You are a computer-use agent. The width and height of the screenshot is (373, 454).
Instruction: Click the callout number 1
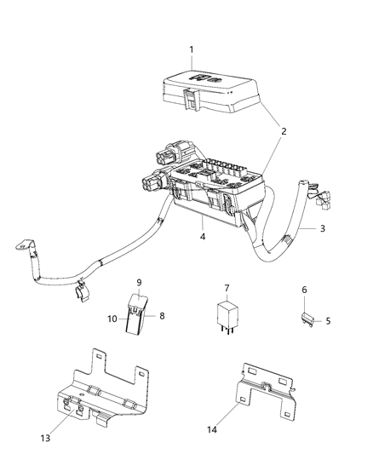pos(191,49)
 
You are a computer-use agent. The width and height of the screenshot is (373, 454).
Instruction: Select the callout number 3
pos(323,228)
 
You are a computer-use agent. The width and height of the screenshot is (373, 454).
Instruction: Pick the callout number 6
pos(305,290)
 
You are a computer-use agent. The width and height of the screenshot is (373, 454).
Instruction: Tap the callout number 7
pos(227,288)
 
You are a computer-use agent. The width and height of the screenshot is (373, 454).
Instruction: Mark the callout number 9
pos(140,282)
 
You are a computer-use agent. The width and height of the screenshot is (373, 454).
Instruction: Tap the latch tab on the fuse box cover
pos(192,102)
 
